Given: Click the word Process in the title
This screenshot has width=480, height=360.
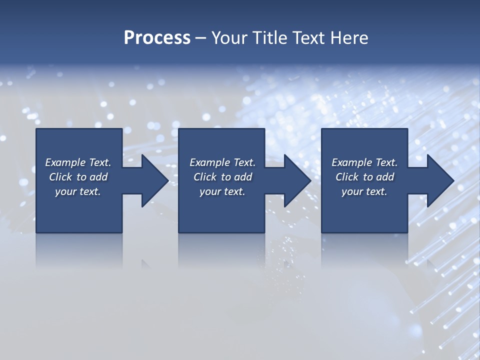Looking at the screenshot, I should click(157, 38).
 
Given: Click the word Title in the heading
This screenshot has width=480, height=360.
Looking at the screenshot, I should click(271, 38).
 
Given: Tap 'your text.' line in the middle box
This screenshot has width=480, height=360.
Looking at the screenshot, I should click(222, 191).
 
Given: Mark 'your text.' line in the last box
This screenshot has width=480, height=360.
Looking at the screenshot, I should click(364, 191).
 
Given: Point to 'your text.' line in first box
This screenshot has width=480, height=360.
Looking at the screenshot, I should click(77, 191).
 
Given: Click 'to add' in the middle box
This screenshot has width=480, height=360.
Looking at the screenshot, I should click(236, 177).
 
